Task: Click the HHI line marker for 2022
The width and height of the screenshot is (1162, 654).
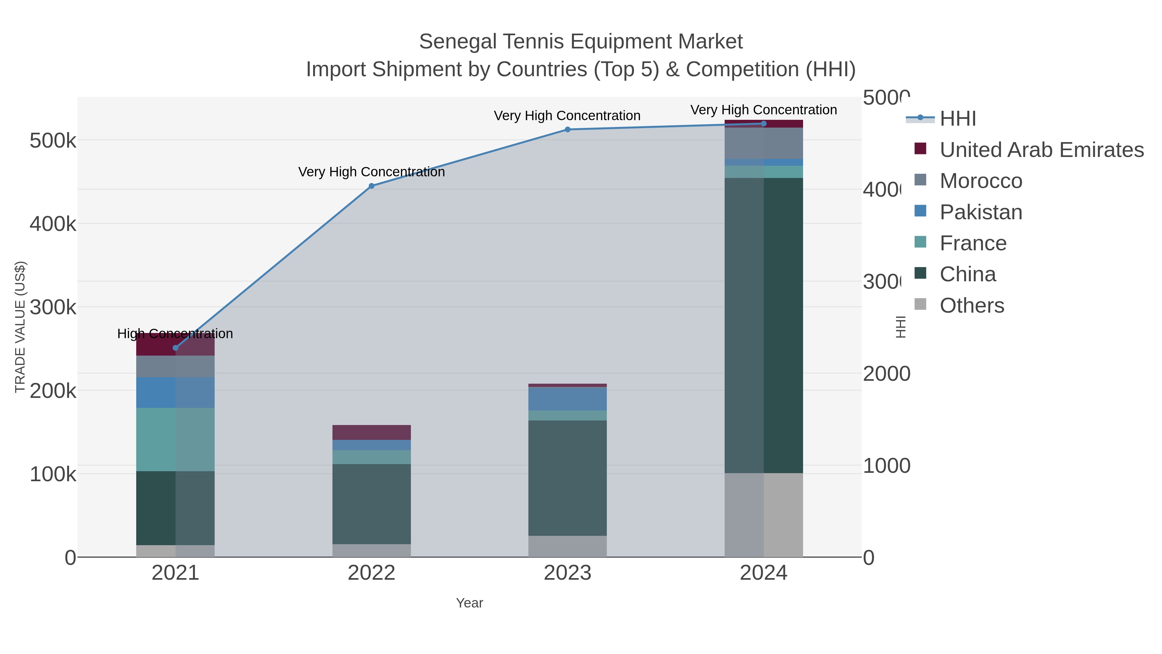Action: [x=371, y=186]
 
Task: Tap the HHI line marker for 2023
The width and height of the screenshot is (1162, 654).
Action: [x=567, y=130]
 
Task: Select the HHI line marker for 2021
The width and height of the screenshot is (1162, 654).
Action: [x=176, y=348]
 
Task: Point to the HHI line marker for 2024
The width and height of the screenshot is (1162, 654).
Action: [x=764, y=124]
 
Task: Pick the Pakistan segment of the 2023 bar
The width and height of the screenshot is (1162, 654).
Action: [x=567, y=399]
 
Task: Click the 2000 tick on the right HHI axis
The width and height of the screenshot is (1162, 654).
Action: [x=886, y=374]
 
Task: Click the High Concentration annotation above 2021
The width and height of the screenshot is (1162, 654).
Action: [x=175, y=334]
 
